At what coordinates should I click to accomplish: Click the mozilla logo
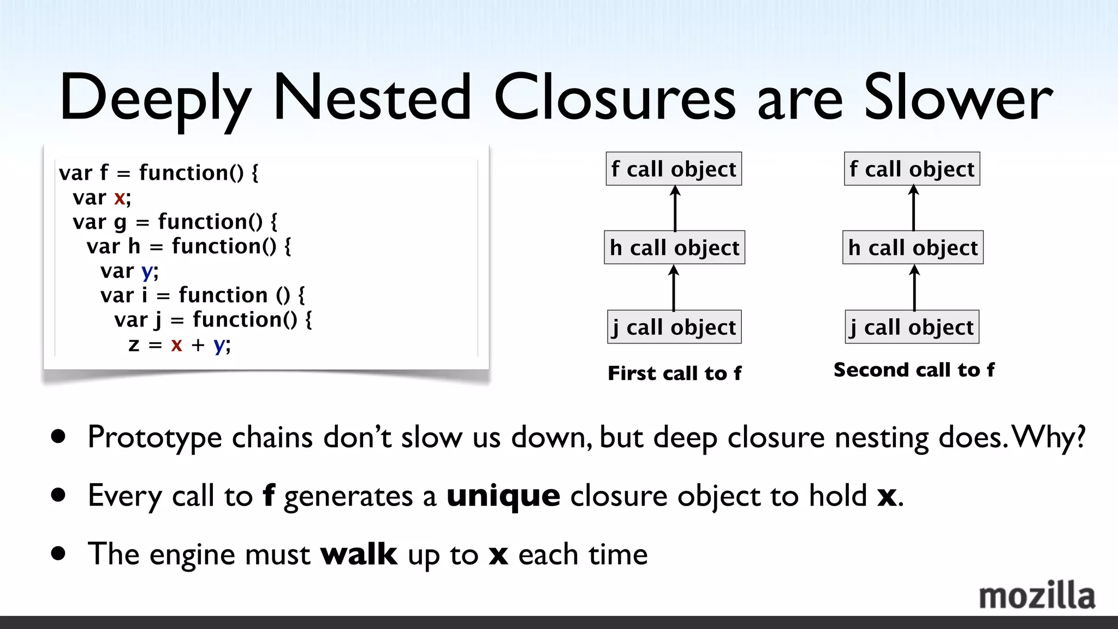(x=1037, y=596)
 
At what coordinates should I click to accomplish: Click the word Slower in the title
(x=958, y=98)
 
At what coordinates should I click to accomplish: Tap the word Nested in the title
(x=372, y=98)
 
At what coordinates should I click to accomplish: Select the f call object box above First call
(x=674, y=169)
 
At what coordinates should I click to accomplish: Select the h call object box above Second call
(x=913, y=247)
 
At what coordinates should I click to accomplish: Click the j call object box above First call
(x=674, y=327)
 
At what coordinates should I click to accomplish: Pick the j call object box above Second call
(x=912, y=327)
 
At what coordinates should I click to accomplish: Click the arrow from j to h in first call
(x=674, y=288)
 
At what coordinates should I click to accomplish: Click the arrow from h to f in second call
(x=914, y=208)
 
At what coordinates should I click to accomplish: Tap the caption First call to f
(x=674, y=373)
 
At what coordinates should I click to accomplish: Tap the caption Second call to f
(x=914, y=370)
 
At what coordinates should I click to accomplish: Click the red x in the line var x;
(x=120, y=198)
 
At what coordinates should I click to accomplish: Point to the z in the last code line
(x=134, y=345)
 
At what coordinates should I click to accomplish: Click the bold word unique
(x=503, y=496)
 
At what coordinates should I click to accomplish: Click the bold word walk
(x=359, y=554)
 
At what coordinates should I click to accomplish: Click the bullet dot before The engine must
(x=58, y=554)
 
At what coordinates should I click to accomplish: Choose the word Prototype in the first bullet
(x=154, y=437)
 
